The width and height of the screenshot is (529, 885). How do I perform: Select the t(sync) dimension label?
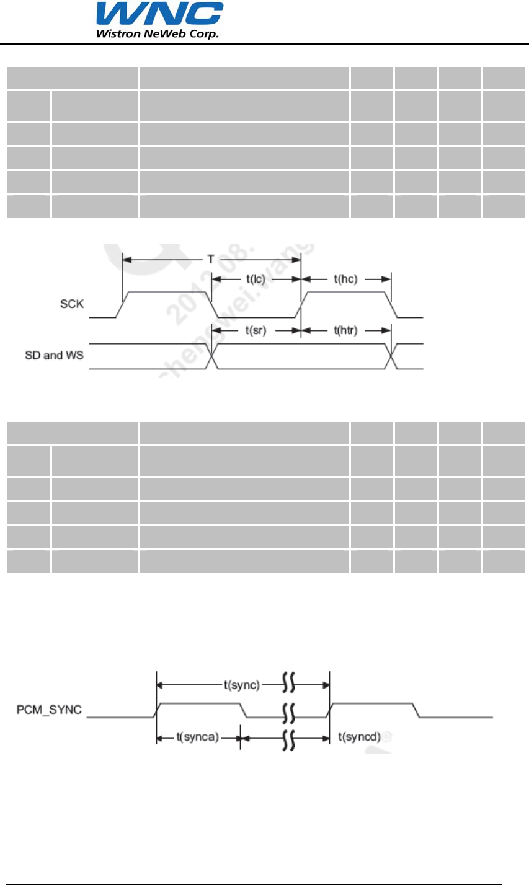(x=242, y=685)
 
